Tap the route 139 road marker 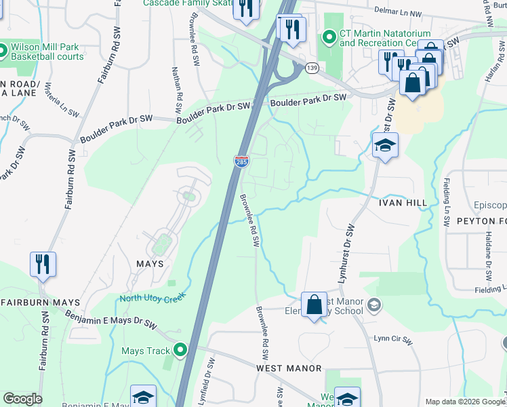tap(312, 68)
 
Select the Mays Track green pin tap(180, 351)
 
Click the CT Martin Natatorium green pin tap(330, 37)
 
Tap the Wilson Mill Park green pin tap(2, 51)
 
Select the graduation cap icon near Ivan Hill tap(384, 145)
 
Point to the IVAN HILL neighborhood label tap(403, 203)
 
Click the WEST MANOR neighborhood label tap(289, 368)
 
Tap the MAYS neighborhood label tap(150, 264)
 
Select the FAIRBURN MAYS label tap(40, 303)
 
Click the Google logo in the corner tap(22, 399)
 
